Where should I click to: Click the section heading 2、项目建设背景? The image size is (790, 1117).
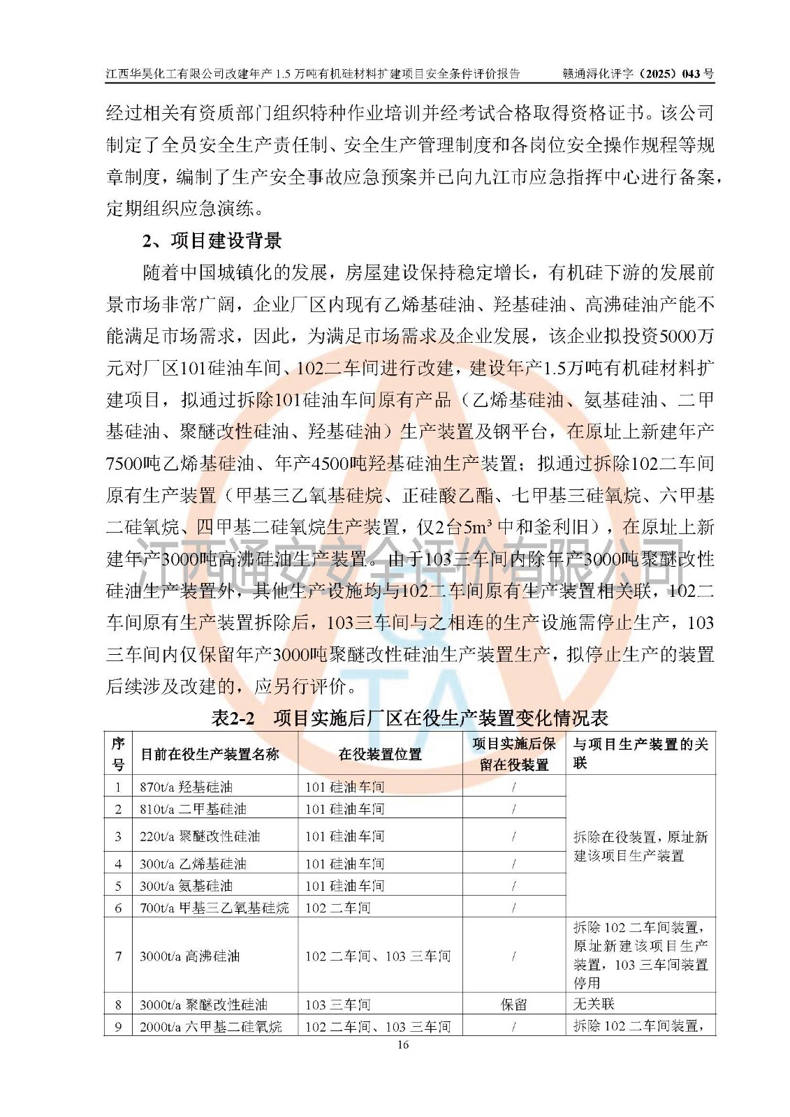click(212, 241)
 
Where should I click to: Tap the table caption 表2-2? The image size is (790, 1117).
click(233, 718)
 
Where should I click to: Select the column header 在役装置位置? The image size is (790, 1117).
click(380, 754)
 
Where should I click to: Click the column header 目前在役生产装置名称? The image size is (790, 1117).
click(210, 754)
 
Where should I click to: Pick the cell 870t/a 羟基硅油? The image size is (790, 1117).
click(186, 787)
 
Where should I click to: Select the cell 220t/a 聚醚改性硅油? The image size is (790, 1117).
click(200, 836)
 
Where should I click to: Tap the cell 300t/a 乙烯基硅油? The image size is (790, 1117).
click(193, 864)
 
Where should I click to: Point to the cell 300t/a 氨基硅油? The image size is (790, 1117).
click(186, 886)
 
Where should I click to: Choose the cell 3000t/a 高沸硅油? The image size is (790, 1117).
click(189, 956)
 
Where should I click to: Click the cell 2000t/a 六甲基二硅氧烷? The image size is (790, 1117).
click(210, 1026)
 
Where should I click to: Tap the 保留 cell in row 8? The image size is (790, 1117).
click(513, 1005)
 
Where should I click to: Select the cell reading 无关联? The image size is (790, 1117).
click(594, 1004)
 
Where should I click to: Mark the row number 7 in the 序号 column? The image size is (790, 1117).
click(118, 956)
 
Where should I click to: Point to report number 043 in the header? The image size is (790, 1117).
click(691, 73)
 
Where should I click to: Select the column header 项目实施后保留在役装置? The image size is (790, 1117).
click(513, 754)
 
